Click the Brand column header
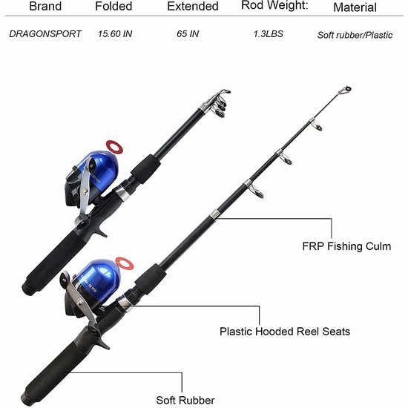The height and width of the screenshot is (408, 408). (x=45, y=6)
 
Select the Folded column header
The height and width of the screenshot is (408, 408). (x=113, y=6)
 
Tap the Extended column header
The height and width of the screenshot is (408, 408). (x=193, y=6)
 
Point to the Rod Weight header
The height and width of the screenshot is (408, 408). (x=274, y=6)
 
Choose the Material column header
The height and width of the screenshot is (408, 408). (x=355, y=7)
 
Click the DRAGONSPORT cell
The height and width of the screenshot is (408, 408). (x=45, y=34)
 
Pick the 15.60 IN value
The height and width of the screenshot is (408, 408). (x=115, y=34)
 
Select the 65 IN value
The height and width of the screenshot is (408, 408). (x=188, y=34)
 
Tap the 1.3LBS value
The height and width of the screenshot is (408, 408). (x=269, y=34)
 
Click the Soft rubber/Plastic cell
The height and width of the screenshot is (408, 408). (x=355, y=35)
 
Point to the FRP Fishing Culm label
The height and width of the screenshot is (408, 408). (x=346, y=246)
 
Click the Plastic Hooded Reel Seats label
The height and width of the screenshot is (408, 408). (x=285, y=332)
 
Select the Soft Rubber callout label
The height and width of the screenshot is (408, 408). (x=185, y=400)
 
